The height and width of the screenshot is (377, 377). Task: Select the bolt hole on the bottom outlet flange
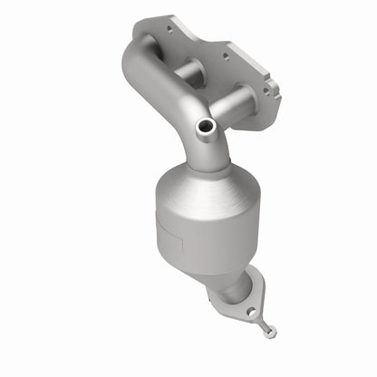pos(251,312)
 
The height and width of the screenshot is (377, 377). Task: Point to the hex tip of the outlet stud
pos(268,333)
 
